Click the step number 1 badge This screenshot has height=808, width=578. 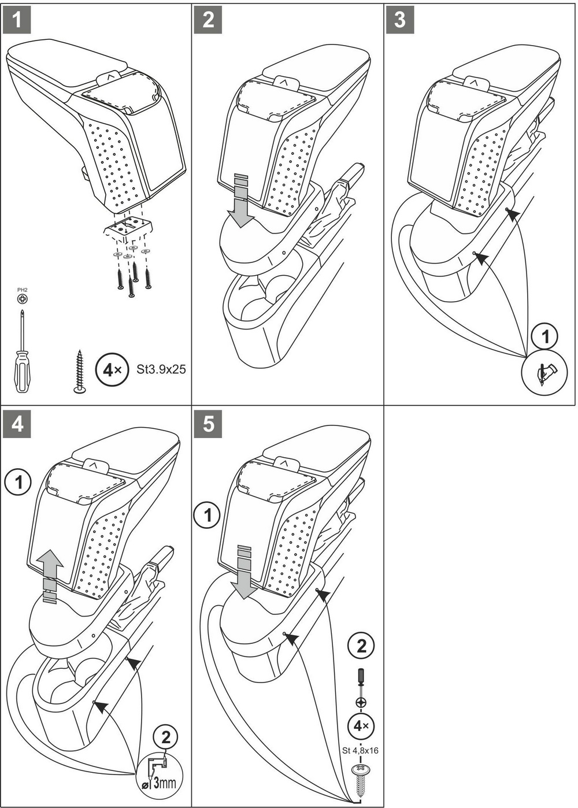17,20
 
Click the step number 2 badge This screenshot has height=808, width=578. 208,20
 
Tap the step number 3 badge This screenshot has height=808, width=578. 400,20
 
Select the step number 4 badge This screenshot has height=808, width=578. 17,424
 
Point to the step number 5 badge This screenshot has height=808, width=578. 208,424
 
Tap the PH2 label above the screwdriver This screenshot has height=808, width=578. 23,290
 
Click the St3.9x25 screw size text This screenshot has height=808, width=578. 161,369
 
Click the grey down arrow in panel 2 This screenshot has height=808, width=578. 240,202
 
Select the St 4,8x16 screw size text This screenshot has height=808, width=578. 360,751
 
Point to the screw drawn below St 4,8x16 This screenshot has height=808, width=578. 360,774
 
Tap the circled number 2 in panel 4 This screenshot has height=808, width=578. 166,737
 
